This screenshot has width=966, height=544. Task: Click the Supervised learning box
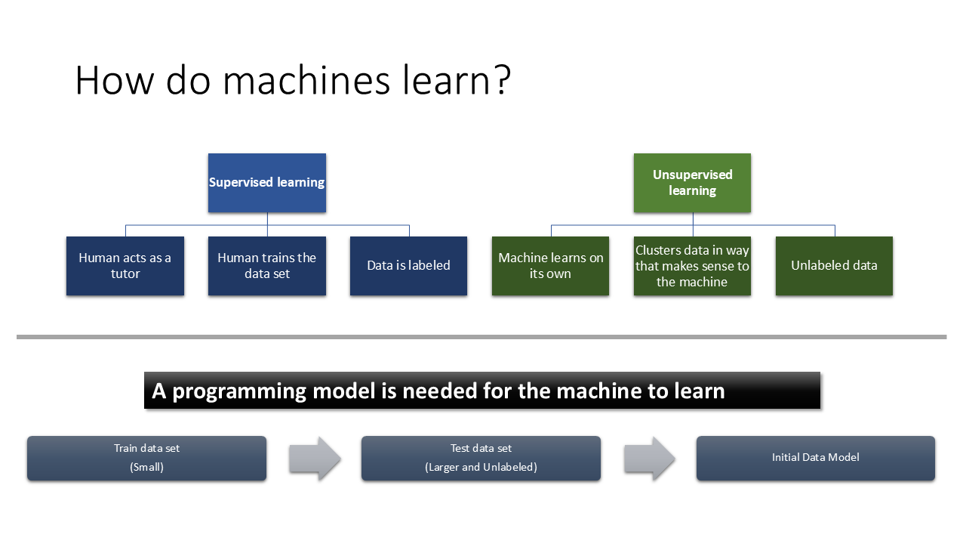[x=267, y=183]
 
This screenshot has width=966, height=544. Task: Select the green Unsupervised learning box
[x=692, y=183]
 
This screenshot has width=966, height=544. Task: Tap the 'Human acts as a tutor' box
[x=125, y=266]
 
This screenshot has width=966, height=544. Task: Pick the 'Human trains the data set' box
[x=267, y=266]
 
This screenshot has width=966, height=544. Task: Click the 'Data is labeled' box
[x=408, y=266]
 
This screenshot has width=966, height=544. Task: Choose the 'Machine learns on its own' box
[x=550, y=266]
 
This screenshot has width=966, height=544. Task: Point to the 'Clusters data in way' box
[x=692, y=266]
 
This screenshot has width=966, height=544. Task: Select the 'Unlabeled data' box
[x=834, y=266]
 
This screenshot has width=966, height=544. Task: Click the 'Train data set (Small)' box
[x=146, y=458]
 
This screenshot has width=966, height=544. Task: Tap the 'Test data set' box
[x=481, y=458]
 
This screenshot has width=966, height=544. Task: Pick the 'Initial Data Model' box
[x=816, y=458]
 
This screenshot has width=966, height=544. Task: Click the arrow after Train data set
[x=315, y=458]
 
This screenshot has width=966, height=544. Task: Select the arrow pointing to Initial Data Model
[x=650, y=458]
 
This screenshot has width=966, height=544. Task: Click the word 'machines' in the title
[x=306, y=80]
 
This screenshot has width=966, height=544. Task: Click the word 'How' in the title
[x=114, y=80]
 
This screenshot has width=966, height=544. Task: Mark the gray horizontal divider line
[x=481, y=337]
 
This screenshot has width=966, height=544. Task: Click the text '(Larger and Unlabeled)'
[x=481, y=467]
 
